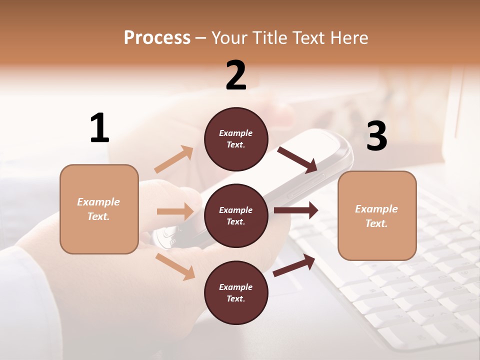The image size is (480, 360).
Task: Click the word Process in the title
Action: pos(157,38)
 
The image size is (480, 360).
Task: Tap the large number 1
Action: pos(99,128)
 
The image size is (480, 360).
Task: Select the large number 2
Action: pos(236,75)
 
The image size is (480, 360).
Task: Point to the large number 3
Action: pos(376,136)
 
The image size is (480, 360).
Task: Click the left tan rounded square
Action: pos(99,209)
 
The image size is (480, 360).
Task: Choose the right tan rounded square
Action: pos(377,215)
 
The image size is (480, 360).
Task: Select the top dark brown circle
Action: pos(236,139)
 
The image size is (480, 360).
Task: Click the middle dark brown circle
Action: pos(236,215)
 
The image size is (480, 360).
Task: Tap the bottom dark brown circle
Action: pos(236,292)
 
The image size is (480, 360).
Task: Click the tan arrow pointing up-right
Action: pos(174,159)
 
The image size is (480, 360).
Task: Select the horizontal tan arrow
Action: pos(175,211)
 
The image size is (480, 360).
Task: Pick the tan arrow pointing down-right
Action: pos(175,266)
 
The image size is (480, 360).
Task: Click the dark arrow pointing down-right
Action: pos(297,159)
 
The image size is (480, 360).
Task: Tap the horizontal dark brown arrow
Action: pos(296,210)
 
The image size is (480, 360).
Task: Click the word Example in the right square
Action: pos(376,209)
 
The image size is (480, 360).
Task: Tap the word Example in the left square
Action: pos(98,202)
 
